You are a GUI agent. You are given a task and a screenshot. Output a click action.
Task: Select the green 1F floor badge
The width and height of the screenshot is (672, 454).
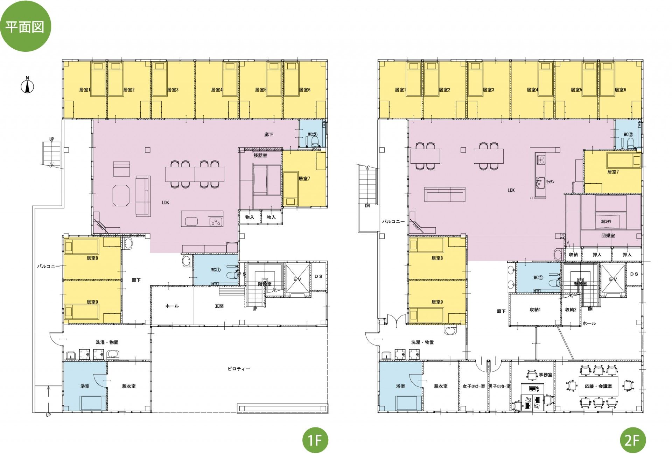click(x=315, y=440)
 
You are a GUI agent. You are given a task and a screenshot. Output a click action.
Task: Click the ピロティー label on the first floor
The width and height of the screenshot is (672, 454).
click(x=239, y=369)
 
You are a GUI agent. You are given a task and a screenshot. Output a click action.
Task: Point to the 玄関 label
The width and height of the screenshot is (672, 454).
click(x=219, y=306)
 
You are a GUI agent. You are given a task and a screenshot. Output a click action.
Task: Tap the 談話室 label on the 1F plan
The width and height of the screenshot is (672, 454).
click(x=260, y=155)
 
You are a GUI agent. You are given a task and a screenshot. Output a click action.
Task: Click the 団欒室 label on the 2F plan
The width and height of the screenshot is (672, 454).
click(x=608, y=236)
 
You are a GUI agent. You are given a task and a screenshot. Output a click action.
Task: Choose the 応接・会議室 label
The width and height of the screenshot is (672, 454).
click(x=598, y=386)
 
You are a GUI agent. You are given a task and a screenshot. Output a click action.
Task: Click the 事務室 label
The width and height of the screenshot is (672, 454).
click(x=545, y=375)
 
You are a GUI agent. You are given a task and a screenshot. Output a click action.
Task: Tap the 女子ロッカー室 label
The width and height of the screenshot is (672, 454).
click(x=474, y=386)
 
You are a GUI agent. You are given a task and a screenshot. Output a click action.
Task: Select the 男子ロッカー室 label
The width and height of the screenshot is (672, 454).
click(x=499, y=386)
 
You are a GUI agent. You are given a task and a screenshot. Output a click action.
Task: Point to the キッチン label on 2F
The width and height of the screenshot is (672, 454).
click(x=549, y=182)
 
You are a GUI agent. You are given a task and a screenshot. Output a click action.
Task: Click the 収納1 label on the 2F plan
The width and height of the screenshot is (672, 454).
click(x=535, y=310)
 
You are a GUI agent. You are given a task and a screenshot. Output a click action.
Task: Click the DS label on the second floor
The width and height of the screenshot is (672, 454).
click(x=634, y=274)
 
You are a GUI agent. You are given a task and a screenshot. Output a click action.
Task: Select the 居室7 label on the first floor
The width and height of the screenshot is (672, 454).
click(x=304, y=179)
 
